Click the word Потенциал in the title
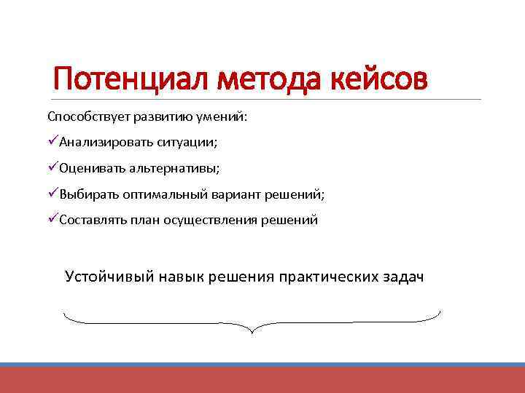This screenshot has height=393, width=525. click(132, 78)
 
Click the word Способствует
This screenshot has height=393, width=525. click(82, 116)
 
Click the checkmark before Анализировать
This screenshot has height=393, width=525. click(52, 140)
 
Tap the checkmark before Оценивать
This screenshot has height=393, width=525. click(52, 167)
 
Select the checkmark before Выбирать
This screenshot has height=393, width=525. click(52, 194)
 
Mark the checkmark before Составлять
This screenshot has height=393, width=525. click(52, 220)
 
